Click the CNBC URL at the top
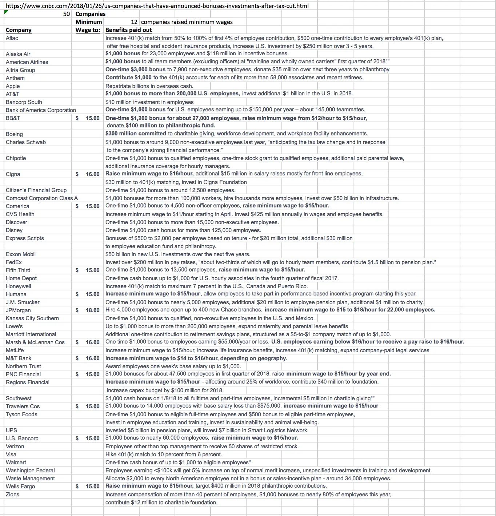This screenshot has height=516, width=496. coord(157,6)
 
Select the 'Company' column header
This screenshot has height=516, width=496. coord(19,30)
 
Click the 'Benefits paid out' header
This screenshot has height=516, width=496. coord(128,30)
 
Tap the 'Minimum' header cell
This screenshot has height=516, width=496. coord(88,22)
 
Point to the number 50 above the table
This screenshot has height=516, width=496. coord(66,14)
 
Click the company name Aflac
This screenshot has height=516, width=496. coord(12,38)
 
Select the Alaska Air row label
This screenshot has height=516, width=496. coord(18,54)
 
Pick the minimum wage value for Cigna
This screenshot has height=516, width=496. coord(92,174)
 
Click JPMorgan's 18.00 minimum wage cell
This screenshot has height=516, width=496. coord(92,310)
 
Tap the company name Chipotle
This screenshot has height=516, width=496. coord(16,158)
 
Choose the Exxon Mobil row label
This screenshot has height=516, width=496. coord(21,254)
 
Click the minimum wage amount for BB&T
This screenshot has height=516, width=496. coord(92,118)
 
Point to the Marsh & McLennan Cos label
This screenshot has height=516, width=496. coord(35,342)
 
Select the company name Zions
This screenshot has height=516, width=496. coord(12,494)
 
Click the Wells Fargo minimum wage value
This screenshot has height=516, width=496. coord(92,486)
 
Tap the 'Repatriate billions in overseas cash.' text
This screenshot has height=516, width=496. coord(149,86)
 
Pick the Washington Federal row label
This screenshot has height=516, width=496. coord(30,470)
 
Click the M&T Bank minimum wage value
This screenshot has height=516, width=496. coord(92,358)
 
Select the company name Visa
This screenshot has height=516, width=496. coord(11,454)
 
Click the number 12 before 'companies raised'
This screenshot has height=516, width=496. coord(134,22)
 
